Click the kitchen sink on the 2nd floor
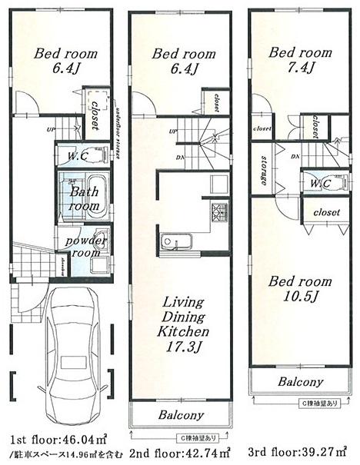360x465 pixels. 168,244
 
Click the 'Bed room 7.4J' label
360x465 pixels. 300,61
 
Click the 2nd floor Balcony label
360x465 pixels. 182,415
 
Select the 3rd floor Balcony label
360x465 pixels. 300,381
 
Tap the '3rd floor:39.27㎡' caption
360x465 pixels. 301,450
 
